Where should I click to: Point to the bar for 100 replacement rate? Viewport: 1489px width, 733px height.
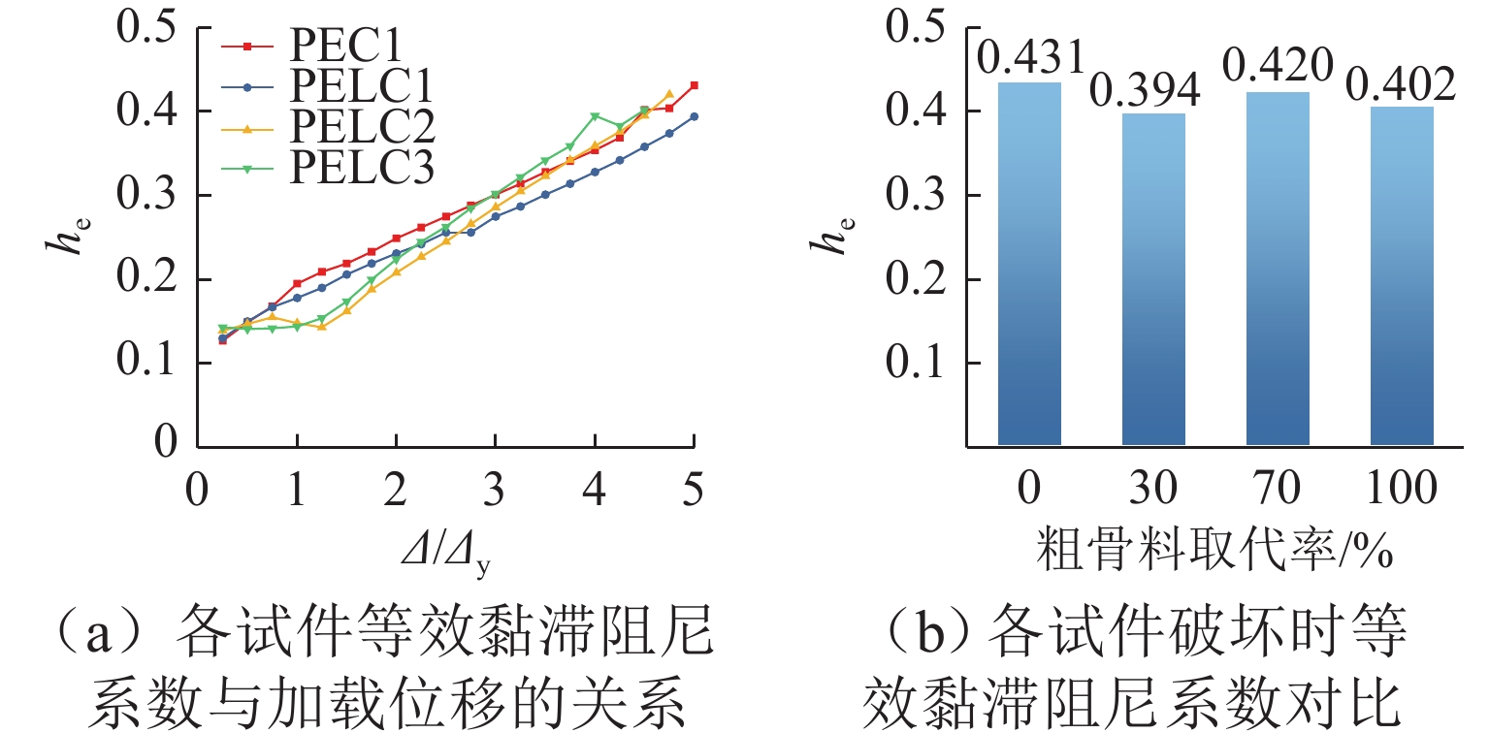pyautogui.click(x=1402, y=275)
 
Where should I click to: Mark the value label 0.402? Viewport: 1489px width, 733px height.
pyautogui.click(x=1402, y=85)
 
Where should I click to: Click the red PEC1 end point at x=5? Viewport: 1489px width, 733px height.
pyautogui.click(x=694, y=85)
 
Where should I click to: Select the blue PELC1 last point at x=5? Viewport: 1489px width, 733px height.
pyautogui.click(x=694, y=116)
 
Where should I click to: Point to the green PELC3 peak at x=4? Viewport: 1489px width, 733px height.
pyautogui.click(x=595, y=116)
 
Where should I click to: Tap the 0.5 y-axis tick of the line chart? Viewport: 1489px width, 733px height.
pyautogui.click(x=146, y=27)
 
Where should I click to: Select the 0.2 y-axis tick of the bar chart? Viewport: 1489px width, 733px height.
pyautogui.click(x=916, y=279)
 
